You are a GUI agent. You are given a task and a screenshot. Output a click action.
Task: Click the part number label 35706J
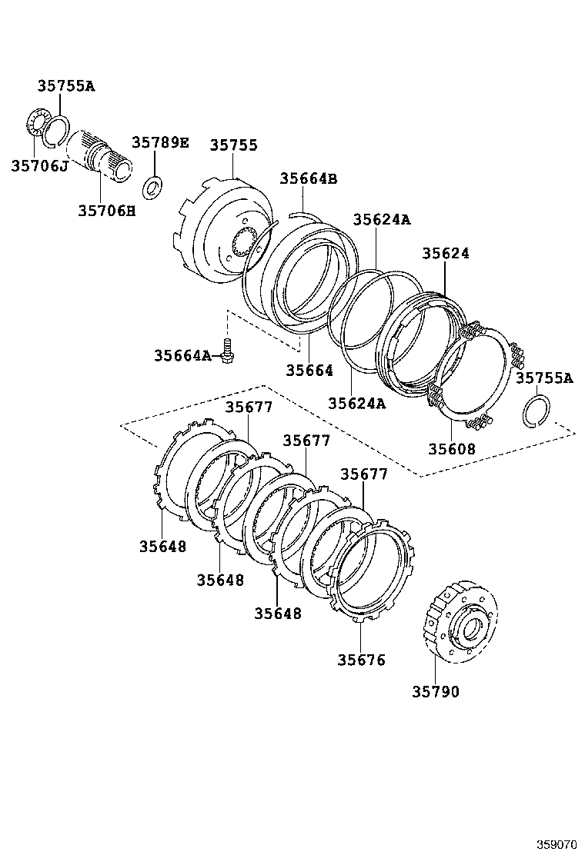(x=39, y=165)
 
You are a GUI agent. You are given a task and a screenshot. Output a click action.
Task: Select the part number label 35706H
(x=106, y=210)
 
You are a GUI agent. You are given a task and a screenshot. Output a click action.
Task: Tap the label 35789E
(x=159, y=142)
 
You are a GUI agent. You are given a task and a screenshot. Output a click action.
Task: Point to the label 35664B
(x=308, y=179)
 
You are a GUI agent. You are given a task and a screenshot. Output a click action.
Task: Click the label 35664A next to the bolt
(x=182, y=355)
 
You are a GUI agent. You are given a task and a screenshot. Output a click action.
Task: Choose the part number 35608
(x=453, y=448)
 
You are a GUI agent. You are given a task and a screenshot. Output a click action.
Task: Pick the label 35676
(x=361, y=660)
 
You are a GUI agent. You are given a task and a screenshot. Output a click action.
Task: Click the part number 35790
(x=434, y=691)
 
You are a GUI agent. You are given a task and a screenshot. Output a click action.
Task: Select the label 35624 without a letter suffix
(x=446, y=253)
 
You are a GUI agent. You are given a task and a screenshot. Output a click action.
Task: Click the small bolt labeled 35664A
(x=227, y=350)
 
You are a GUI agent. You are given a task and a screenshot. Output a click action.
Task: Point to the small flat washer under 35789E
(x=153, y=185)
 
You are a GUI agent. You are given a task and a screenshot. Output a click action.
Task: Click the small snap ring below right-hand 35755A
(x=536, y=410)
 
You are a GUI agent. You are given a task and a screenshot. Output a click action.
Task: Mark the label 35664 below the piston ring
(x=309, y=371)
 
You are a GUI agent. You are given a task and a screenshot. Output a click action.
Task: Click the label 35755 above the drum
(x=234, y=146)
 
